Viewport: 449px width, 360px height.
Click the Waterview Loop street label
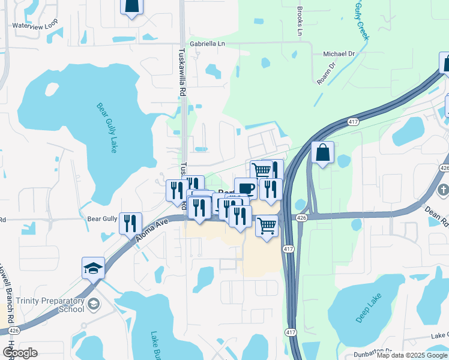[35, 26]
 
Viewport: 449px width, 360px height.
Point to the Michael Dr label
[339, 53]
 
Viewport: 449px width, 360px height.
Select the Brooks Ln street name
[300, 21]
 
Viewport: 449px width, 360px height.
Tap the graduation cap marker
[94, 268]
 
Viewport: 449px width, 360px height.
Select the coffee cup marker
[246, 188]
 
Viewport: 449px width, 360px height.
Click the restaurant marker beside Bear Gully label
[130, 223]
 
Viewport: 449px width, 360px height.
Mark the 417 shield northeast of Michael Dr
[354, 122]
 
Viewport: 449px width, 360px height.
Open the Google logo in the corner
[20, 353]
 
